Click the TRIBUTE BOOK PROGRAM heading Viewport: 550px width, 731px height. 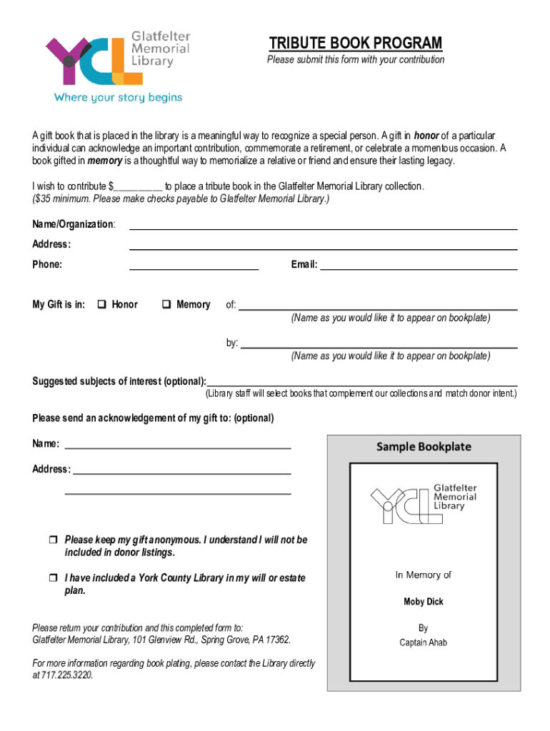click(x=355, y=44)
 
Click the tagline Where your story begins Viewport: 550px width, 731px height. click(x=119, y=97)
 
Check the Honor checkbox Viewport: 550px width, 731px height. click(x=101, y=305)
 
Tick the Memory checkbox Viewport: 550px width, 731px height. click(x=166, y=305)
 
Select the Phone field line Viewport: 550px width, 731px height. click(x=194, y=268)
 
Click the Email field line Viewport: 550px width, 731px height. click(x=419, y=268)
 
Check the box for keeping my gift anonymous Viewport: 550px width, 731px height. click(x=53, y=540)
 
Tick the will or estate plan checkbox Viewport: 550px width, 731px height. click(x=53, y=578)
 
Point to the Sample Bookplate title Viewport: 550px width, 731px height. click(x=424, y=447)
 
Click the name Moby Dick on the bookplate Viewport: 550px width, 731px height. click(x=424, y=602)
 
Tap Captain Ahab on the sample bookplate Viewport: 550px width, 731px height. click(x=424, y=642)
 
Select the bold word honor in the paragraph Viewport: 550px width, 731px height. click(x=426, y=136)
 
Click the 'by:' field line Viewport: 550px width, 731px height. click(x=379, y=346)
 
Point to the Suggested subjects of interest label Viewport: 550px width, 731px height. click(x=119, y=381)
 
